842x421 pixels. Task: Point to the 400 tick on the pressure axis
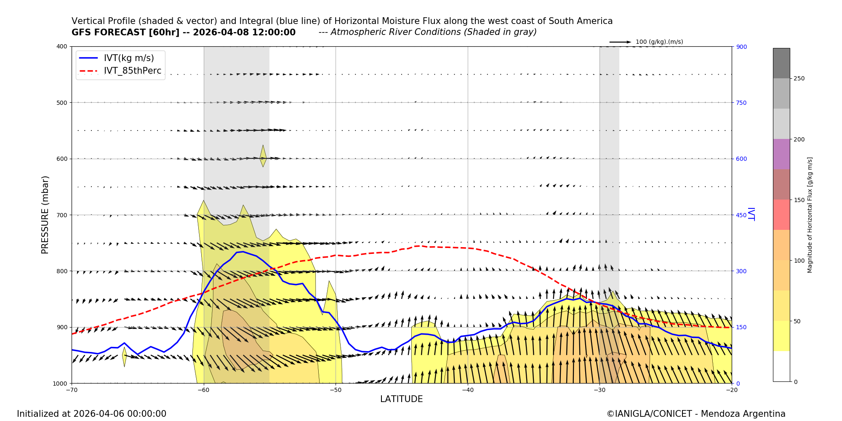click(x=61, y=46)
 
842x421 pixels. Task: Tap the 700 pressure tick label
click(x=61, y=215)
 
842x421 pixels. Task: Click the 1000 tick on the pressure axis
click(x=60, y=383)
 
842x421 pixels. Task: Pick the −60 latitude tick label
click(x=204, y=390)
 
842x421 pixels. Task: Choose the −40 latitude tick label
click(x=467, y=390)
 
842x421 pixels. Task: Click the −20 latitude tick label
click(x=731, y=390)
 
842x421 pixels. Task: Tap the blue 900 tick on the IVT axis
click(x=741, y=47)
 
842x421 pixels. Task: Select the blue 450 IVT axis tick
click(x=741, y=215)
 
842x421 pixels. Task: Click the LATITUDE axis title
click(x=401, y=399)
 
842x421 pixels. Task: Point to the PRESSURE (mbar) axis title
click(x=45, y=215)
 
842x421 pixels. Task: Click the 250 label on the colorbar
click(x=799, y=79)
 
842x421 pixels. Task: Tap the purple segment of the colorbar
click(x=781, y=154)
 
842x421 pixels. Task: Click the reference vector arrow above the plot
click(x=620, y=42)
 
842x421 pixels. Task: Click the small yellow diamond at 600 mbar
click(x=263, y=157)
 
